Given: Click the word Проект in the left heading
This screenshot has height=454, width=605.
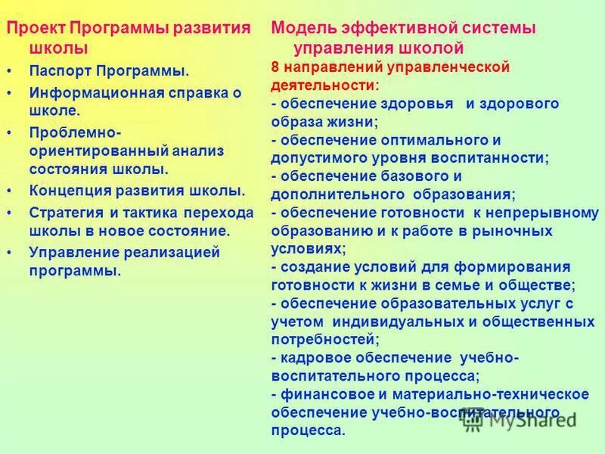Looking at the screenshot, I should pyautogui.click(x=36, y=29).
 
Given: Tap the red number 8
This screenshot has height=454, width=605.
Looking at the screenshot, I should pyautogui.click(x=275, y=67).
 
